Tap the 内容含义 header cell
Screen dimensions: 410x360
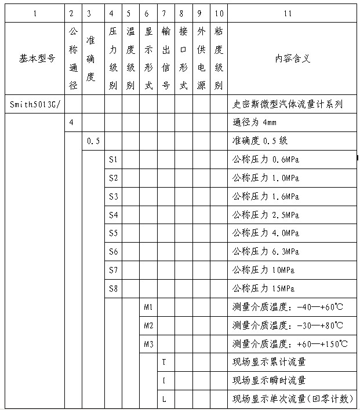click(293, 58)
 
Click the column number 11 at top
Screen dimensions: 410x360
click(292, 12)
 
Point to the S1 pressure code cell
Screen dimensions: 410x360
click(113, 159)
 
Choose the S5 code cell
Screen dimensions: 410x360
click(113, 233)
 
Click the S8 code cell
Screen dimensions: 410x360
click(113, 288)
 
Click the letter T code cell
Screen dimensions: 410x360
click(164, 363)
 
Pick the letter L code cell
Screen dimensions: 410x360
click(164, 399)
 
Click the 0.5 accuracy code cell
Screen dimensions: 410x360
click(93, 141)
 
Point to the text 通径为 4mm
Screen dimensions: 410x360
click(254, 123)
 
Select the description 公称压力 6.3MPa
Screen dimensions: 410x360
click(266, 252)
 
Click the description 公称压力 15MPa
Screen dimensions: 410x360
click(264, 288)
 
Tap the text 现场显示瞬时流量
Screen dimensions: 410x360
click(269, 380)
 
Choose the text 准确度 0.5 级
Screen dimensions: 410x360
click(260, 141)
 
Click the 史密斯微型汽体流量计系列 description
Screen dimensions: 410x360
click(288, 105)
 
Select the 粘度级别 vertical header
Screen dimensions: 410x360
click(218, 58)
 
